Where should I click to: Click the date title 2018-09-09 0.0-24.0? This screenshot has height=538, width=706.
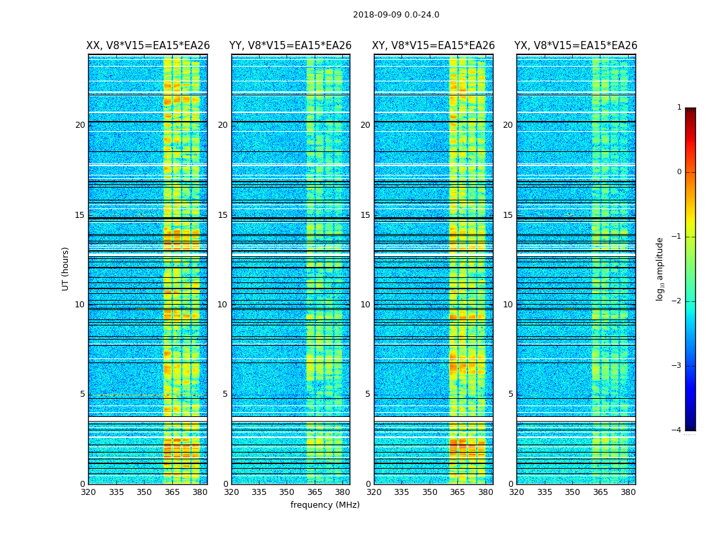point(396,15)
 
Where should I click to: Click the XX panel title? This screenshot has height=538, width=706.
point(148,46)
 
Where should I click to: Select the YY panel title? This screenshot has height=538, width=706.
point(290,46)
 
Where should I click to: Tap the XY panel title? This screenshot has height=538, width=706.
point(433,46)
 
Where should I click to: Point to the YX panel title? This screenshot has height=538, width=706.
point(576,46)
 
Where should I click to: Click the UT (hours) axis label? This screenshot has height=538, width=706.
point(66,268)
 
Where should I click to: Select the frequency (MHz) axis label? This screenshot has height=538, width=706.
point(325,505)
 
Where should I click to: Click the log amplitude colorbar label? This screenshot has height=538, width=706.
point(660,268)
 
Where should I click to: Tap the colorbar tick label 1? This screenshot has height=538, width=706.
point(679,108)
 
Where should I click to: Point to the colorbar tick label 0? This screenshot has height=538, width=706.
point(679,172)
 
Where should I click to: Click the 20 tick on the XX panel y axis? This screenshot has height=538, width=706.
point(80,125)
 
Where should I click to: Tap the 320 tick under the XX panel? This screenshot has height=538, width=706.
point(88,492)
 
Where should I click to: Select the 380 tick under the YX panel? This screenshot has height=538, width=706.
point(628,492)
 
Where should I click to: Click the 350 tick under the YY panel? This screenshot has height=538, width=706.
point(287,492)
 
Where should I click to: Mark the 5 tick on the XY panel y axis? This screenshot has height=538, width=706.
point(368,394)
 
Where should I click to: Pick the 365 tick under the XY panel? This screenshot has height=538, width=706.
point(457,492)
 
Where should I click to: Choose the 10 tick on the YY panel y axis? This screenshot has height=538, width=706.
point(223,305)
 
